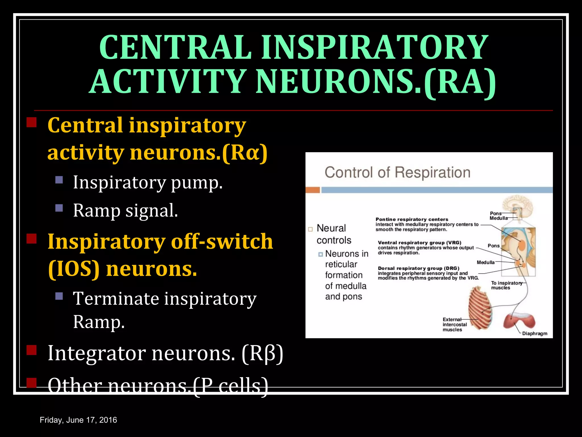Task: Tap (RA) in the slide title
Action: click(460, 83)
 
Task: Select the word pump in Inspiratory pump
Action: click(197, 183)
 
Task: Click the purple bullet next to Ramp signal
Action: click(59, 208)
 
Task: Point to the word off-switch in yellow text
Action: click(222, 242)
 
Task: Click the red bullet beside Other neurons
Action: click(32, 383)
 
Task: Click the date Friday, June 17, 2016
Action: click(78, 420)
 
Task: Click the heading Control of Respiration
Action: click(397, 172)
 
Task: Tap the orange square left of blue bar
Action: click(313, 190)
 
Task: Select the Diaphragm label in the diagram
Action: click(535, 333)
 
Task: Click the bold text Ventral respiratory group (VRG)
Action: click(419, 243)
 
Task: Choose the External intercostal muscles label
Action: click(454, 325)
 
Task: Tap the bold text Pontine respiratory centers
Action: click(411, 219)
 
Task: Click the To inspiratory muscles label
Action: click(506, 285)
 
